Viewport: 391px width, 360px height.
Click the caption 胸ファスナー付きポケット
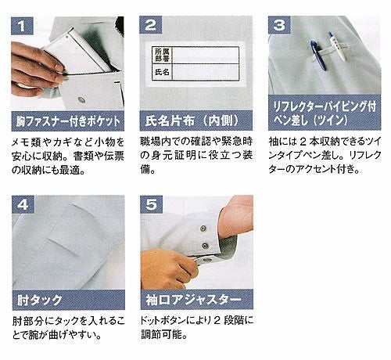pos(68,121)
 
